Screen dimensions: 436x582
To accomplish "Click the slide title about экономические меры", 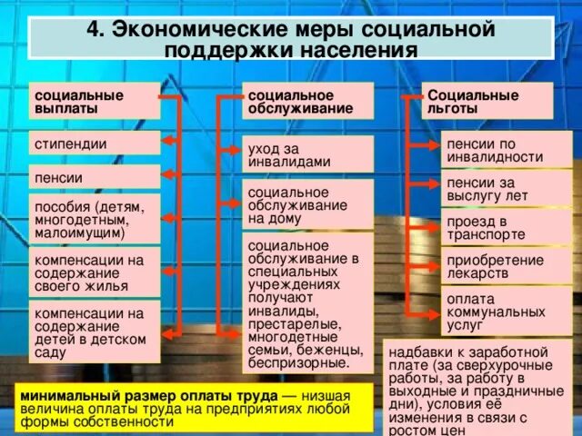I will tap(291, 39).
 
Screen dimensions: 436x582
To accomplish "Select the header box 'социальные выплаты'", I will tap(94, 102).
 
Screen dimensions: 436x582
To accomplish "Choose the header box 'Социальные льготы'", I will tap(487, 102).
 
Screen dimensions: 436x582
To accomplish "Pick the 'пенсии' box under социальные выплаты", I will tap(94, 177).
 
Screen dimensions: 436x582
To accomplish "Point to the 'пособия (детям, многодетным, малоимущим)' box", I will tap(94, 218).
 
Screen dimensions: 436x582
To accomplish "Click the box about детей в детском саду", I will tap(94, 331).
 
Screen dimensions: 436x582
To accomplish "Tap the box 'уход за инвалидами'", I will tap(307, 154).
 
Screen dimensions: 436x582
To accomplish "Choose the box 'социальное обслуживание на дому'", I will tap(307, 204).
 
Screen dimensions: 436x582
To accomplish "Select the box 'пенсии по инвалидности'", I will tap(507, 150).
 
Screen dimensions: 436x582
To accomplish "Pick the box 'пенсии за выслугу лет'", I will tap(507, 190).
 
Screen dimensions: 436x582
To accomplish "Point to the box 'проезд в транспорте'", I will tap(507, 227).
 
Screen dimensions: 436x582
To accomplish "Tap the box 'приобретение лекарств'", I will tap(507, 266).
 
